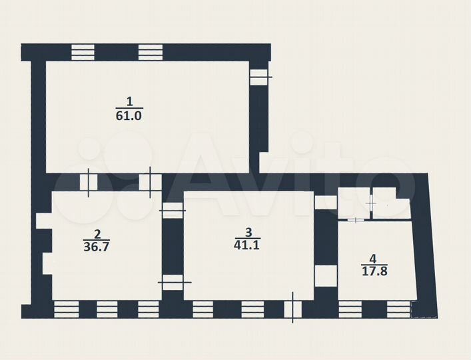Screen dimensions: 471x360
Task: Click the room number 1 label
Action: click(x=129, y=101)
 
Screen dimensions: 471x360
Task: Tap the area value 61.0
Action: click(x=129, y=115)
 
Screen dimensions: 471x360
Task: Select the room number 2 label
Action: click(x=97, y=233)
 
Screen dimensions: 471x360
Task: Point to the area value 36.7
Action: click(x=97, y=247)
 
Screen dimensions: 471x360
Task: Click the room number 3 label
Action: click(x=248, y=232)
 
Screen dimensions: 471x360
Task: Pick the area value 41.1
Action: click(x=246, y=245)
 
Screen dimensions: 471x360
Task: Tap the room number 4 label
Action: click(x=373, y=258)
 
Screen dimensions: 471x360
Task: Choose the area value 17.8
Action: click(x=374, y=271)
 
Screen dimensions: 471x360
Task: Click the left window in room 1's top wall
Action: click(x=83, y=52)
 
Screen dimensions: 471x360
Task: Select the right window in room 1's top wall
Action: click(x=151, y=52)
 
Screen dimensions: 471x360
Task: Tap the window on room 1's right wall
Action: click(x=258, y=77)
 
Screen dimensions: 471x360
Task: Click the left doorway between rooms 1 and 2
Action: click(x=89, y=183)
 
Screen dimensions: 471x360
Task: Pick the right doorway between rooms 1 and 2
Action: click(x=150, y=183)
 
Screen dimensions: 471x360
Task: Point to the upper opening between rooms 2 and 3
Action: click(x=173, y=210)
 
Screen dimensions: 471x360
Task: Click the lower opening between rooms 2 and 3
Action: click(x=173, y=282)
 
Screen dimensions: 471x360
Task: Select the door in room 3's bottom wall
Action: click(x=293, y=309)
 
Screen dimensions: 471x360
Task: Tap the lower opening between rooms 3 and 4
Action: click(x=326, y=276)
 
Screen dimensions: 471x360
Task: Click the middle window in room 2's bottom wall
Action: click(x=107, y=309)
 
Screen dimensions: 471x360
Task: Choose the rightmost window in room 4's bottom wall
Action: click(x=398, y=309)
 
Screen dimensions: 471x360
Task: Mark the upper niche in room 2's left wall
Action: click(x=44, y=221)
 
